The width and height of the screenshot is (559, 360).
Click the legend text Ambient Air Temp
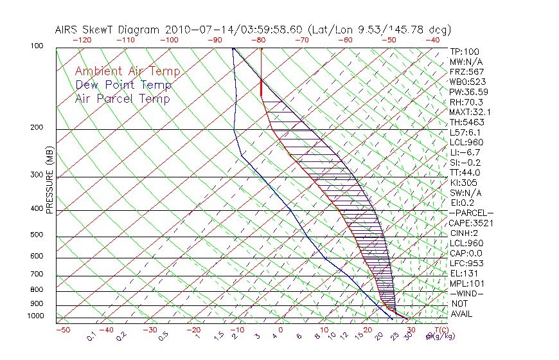tap(127, 71)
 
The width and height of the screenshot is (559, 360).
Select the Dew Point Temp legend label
tap(123, 85)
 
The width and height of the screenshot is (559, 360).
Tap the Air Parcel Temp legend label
tap(122, 98)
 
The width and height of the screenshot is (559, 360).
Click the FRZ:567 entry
tap(467, 71)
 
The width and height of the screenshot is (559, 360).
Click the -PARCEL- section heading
tap(472, 213)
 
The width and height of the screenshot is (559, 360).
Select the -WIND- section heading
tap(467, 293)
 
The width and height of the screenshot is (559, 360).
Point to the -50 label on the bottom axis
tap(62, 330)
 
